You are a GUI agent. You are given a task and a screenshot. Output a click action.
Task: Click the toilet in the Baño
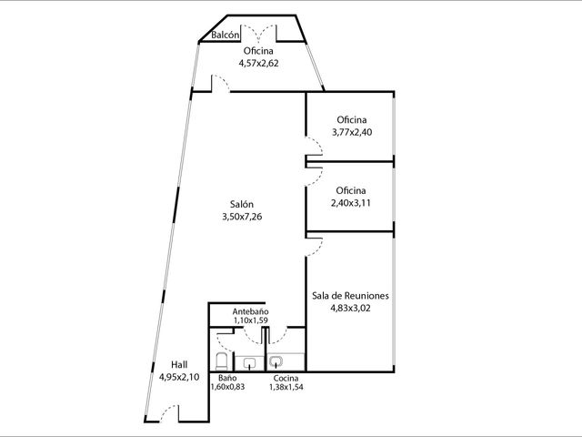222,361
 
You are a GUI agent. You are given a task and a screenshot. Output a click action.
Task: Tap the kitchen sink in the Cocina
276,361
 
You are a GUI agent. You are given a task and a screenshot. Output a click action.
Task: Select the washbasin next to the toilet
249,362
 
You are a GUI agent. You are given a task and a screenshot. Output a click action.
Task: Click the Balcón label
225,35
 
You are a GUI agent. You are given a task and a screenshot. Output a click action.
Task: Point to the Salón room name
242,204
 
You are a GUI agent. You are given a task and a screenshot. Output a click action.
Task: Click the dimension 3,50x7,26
242,217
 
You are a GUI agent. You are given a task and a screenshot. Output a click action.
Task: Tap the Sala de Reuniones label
350,295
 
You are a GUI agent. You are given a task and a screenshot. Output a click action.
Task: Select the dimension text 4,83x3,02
350,308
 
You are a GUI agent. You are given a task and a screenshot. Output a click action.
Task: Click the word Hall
179,364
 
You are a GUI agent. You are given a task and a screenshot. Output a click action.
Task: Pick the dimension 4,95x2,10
179,377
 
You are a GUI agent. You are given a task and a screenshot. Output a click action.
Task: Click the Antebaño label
251,311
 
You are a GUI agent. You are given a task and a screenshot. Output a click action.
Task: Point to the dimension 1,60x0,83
227,387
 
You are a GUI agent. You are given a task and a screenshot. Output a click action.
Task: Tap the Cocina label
286,379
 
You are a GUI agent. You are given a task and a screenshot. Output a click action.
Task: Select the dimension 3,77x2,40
352,132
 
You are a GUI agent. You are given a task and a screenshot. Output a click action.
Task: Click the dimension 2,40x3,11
351,203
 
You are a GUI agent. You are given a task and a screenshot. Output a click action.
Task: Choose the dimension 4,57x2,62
258,63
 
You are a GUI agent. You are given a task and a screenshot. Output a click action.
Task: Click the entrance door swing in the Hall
169,412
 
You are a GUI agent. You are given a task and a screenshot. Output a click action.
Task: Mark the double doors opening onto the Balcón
258,32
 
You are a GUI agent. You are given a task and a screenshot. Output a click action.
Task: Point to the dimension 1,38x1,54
286,387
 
